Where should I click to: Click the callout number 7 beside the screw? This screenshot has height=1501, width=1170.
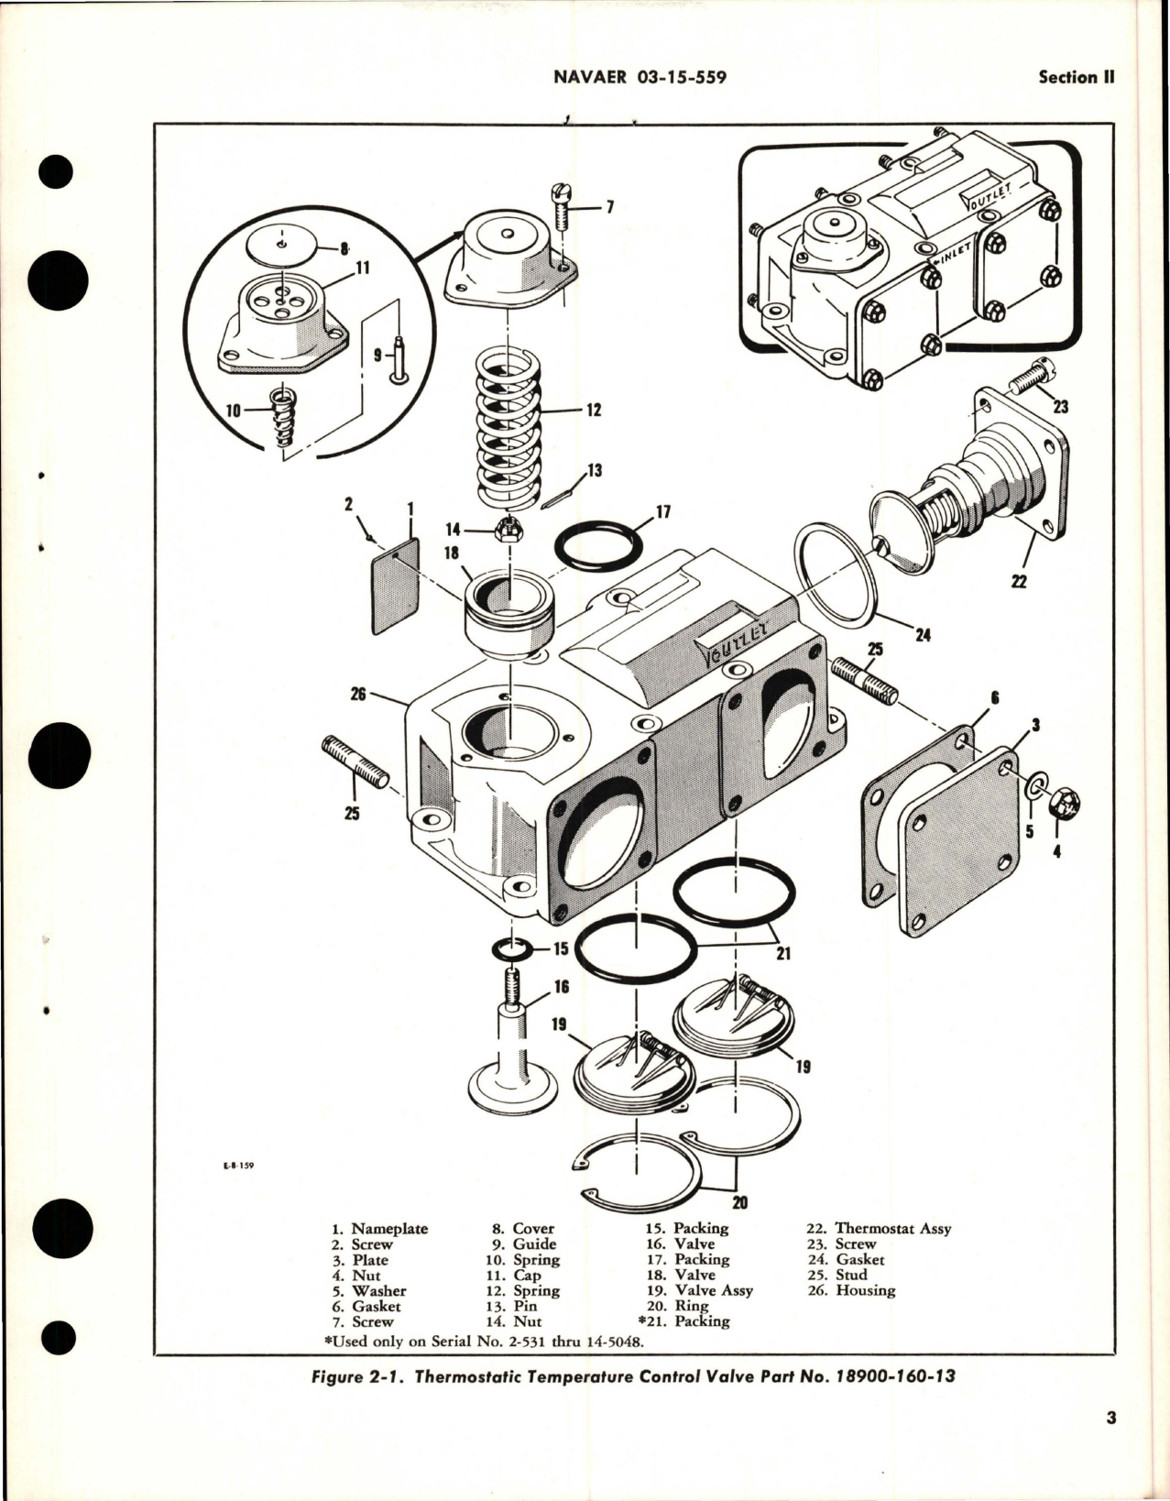click(x=609, y=207)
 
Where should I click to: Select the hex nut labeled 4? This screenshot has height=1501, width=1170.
click(x=1066, y=804)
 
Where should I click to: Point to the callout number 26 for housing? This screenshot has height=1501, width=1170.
click(x=357, y=695)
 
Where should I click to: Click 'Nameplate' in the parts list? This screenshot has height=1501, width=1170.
click(x=388, y=1229)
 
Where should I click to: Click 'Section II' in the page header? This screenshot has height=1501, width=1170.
click(x=1076, y=78)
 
